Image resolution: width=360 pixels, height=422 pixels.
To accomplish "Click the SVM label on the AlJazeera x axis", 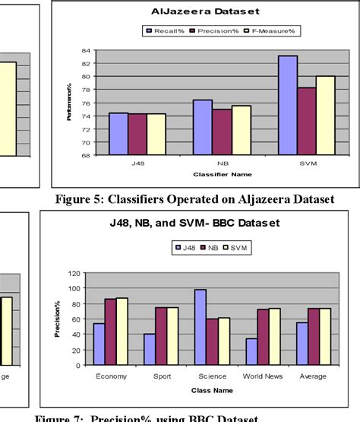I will click(306, 163).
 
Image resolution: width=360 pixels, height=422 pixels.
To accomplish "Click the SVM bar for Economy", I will click(122, 331).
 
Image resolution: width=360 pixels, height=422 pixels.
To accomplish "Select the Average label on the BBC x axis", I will click(312, 376).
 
